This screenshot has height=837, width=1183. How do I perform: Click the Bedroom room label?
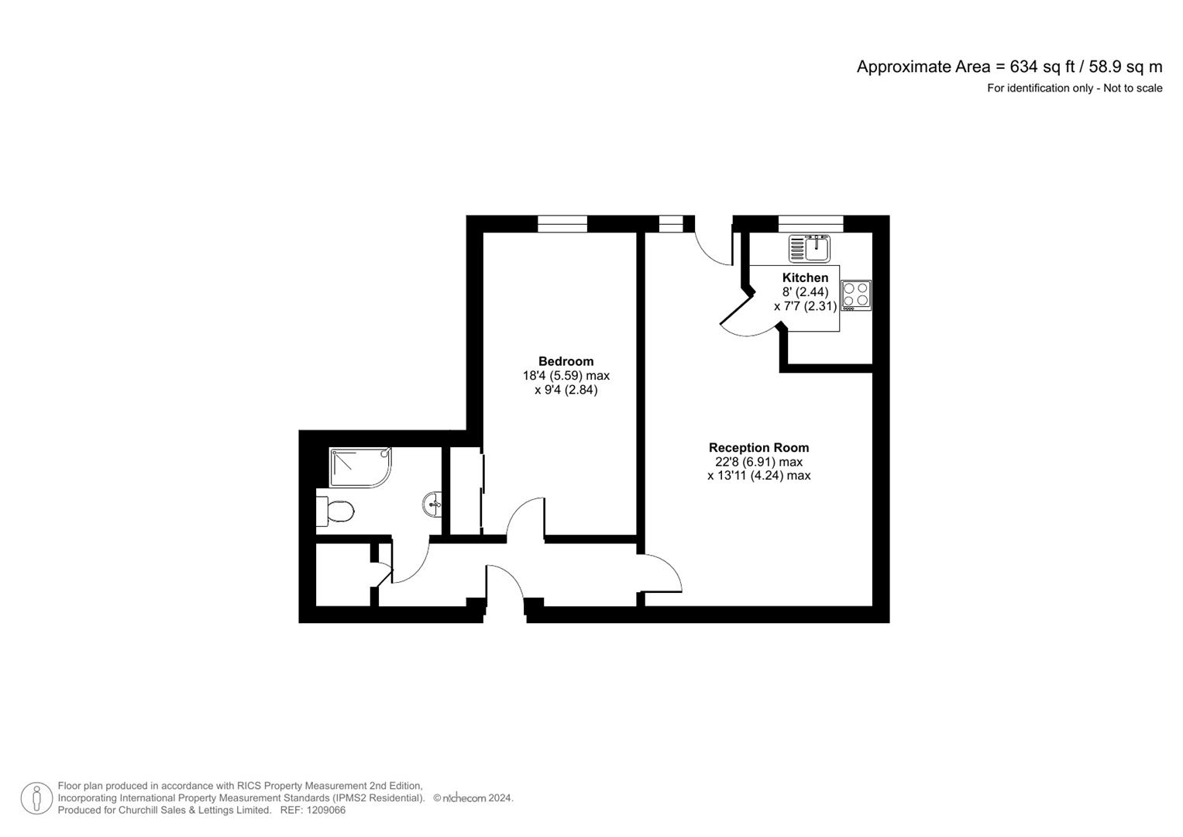coord(566,361)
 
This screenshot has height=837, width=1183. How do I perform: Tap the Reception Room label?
coord(758,447)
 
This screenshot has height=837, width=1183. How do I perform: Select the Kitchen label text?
coord(805,277)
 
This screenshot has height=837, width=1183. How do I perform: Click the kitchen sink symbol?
coord(810,249)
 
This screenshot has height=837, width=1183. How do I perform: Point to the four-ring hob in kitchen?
coord(856,295)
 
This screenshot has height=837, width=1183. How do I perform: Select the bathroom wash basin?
coord(433,505)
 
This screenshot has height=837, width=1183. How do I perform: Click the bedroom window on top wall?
coord(562,224)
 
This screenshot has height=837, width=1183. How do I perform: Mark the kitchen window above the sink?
coord(810,224)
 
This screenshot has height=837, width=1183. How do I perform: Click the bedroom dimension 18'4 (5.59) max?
coord(566,376)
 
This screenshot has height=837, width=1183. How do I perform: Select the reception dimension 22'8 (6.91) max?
coord(758,462)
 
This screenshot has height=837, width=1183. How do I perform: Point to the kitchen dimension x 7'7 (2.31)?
coord(805,306)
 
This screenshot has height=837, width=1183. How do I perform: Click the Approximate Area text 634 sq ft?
coord(1009,67)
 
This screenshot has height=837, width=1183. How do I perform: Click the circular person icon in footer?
coord(36,798)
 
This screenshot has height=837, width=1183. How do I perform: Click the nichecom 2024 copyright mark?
coord(473,798)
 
